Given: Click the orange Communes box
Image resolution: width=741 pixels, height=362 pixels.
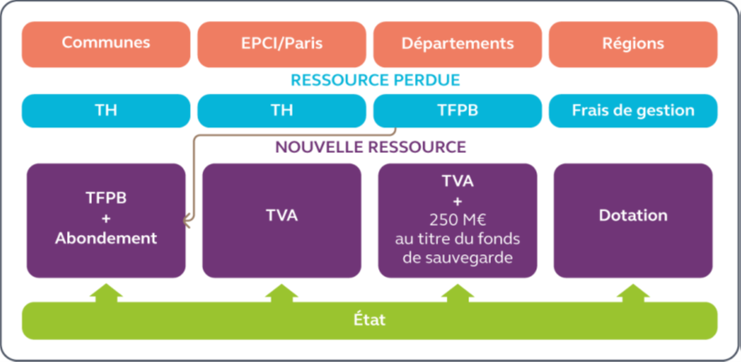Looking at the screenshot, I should [x=105, y=43].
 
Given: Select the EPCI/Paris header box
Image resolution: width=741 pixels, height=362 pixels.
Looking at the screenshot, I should [x=281, y=43].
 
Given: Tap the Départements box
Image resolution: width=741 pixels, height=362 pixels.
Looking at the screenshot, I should [x=457, y=43].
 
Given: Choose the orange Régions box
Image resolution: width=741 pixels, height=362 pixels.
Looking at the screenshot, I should [x=632, y=43].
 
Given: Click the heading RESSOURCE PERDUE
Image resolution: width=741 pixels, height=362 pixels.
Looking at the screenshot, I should [x=375, y=80].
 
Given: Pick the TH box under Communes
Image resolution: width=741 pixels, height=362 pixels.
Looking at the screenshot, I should [x=105, y=110].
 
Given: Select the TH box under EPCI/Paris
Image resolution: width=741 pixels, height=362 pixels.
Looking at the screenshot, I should [x=281, y=110].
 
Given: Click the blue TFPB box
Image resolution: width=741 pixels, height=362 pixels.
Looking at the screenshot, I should [x=457, y=110].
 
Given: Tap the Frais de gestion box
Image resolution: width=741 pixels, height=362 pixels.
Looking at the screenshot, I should [x=632, y=110].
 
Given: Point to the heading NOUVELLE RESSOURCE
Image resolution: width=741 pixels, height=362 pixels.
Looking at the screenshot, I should [x=370, y=147].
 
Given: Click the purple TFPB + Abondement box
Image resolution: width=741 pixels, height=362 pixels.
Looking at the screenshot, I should [x=105, y=219].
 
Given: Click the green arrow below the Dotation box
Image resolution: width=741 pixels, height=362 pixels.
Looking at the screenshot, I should [x=632, y=293].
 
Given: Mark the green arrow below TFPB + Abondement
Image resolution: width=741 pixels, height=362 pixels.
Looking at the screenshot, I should [x=105, y=293].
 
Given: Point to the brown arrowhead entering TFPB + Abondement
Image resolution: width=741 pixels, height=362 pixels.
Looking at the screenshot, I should [x=186, y=222].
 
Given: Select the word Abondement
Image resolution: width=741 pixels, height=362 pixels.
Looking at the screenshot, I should [x=105, y=238].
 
